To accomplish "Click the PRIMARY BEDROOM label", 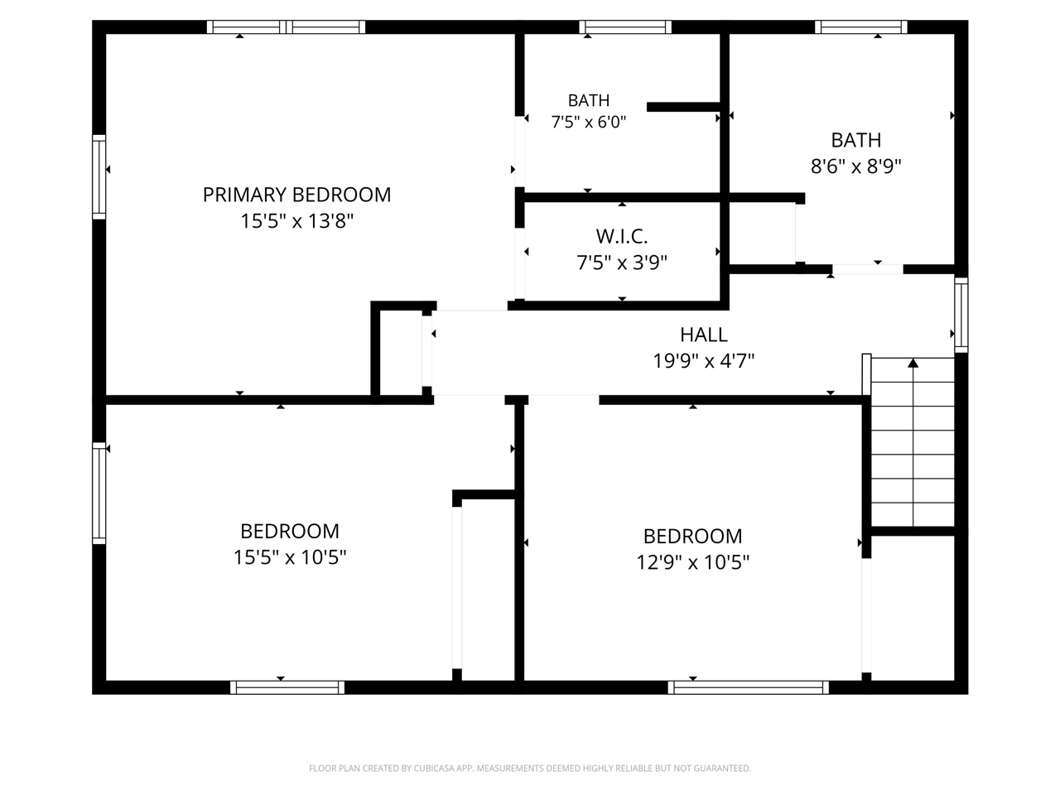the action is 296,195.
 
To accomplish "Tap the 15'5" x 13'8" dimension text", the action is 297,221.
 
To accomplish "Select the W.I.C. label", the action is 622,236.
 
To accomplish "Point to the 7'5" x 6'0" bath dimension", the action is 588,122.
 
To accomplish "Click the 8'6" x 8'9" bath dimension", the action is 855,166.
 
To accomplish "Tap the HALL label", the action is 704,335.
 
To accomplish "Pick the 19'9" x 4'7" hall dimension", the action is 704,360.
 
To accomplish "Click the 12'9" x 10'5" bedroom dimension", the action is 692,562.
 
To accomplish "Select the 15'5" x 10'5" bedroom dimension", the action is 290,557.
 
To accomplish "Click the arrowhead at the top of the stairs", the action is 913,363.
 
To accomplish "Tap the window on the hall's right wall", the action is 961,315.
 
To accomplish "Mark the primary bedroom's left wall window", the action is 99,176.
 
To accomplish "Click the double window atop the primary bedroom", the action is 286,27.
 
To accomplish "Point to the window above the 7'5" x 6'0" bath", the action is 625,27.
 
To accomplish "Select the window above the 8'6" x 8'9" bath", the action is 861,27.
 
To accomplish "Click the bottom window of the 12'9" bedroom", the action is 748,687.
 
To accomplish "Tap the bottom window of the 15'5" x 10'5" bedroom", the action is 287,687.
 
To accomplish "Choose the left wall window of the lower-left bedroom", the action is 99,494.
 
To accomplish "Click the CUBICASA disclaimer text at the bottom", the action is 530,768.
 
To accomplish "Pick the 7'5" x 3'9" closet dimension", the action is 622,263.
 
